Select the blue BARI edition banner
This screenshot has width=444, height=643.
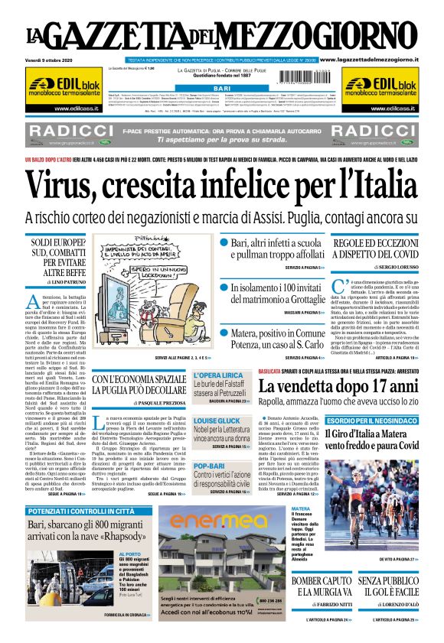[223, 89]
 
